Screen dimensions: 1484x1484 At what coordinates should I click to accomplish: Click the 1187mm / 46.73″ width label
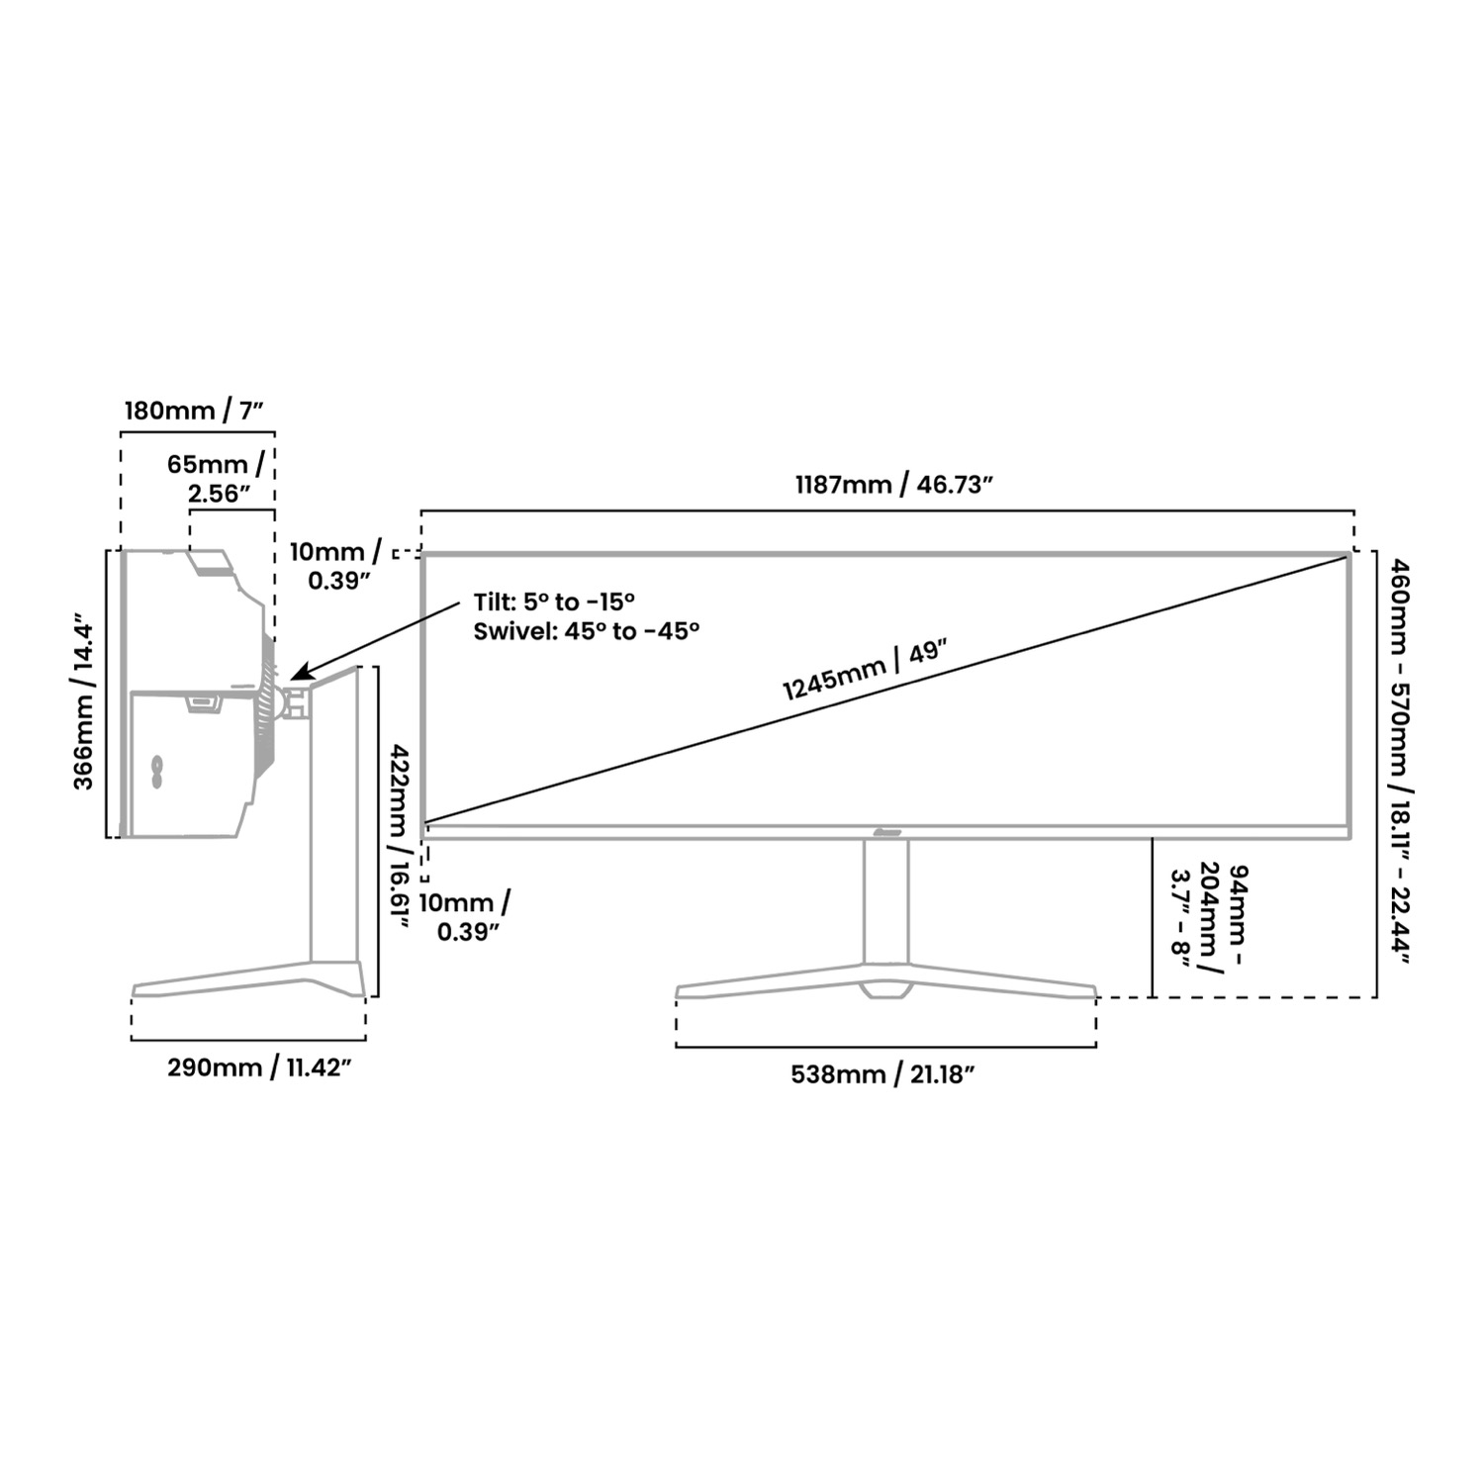(893, 486)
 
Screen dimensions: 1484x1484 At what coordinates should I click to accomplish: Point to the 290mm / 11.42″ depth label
(259, 1067)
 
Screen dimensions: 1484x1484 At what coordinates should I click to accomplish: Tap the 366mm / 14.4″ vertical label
(84, 706)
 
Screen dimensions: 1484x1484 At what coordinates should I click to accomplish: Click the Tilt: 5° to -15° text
(553, 602)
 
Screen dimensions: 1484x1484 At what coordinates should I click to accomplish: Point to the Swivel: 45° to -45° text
(587, 631)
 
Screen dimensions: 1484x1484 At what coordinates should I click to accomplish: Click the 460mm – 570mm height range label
(1402, 761)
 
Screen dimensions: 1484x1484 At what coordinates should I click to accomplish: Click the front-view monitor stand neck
(885, 900)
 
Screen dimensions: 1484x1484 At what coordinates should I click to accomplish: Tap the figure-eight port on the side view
(156, 772)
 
